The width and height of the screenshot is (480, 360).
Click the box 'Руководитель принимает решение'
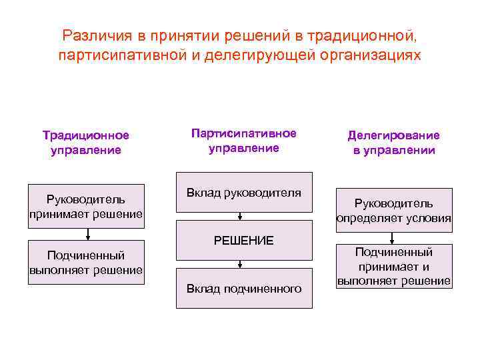pyautogui.click(x=87, y=207)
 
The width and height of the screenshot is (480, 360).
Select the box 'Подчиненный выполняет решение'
pyautogui.click(x=87, y=262)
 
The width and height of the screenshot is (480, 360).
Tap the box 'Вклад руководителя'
pyautogui.click(x=244, y=193)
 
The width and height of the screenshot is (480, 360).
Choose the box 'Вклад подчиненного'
pyautogui.click(x=244, y=288)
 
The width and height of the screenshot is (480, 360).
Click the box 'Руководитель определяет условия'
pyautogui.click(x=393, y=211)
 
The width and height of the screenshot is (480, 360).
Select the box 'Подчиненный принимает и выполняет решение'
pyautogui.click(x=393, y=266)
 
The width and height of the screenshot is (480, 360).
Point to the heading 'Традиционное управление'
pyautogui.click(x=86, y=143)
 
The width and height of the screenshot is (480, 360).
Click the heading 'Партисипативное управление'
pyautogui.click(x=244, y=141)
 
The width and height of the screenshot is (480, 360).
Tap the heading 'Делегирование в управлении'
pyautogui.click(x=394, y=143)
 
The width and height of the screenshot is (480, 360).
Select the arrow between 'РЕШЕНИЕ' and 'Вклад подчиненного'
pyautogui.click(x=240, y=263)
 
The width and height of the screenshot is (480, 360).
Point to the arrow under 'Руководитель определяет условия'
pyautogui.click(x=393, y=238)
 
